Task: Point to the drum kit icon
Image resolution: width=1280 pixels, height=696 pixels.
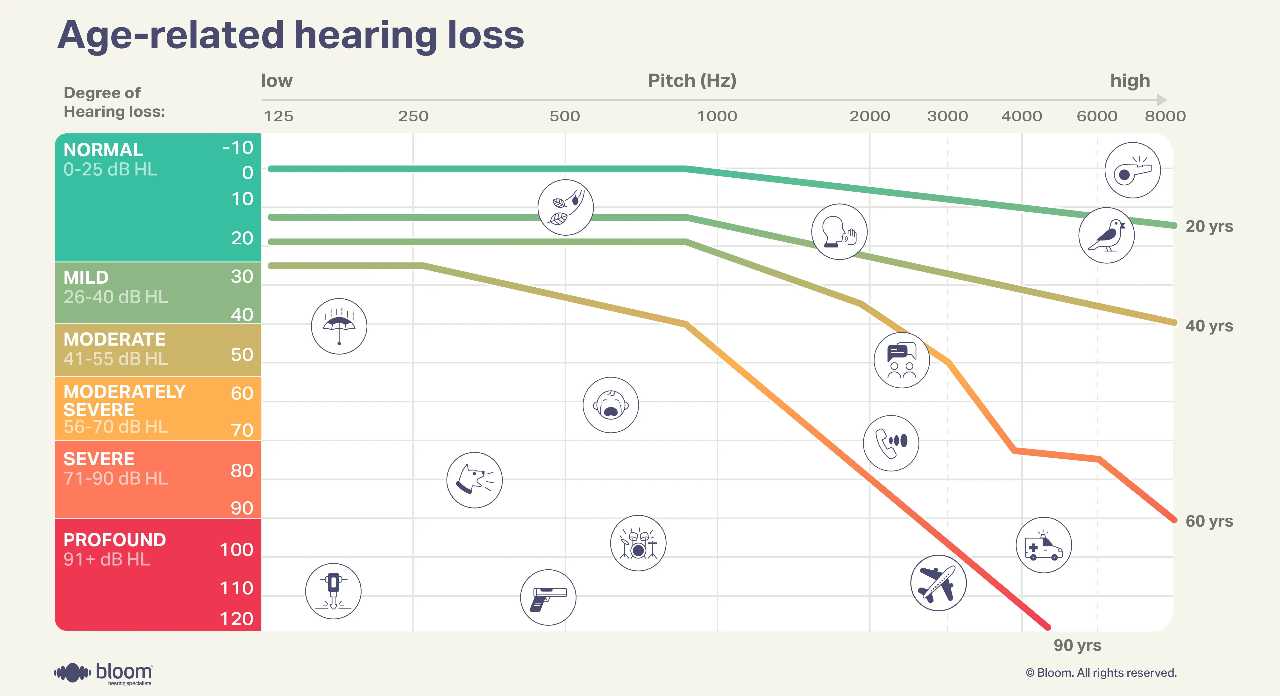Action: point(638,543)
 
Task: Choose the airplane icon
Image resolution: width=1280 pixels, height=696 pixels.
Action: point(938,583)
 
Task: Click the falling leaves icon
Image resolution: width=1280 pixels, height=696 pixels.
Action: point(565,207)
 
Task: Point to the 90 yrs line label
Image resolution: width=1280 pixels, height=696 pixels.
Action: point(1077,645)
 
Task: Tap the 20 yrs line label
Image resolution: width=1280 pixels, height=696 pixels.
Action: point(1209,226)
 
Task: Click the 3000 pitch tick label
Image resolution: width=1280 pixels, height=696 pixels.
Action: point(947,116)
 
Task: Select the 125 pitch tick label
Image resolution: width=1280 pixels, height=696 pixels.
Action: point(278,116)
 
